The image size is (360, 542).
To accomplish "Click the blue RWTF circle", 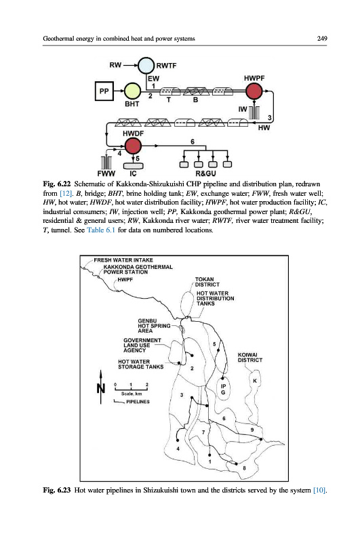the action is (146, 66).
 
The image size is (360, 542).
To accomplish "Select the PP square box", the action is (104, 91).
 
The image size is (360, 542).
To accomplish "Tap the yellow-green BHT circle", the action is (132, 91).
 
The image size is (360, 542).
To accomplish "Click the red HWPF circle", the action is (254, 91).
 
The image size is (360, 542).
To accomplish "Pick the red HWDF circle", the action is (133, 146).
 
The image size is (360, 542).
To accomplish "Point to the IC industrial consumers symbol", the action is (133, 166).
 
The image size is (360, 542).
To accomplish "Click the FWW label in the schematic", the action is (106, 173).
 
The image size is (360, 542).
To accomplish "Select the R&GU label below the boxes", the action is (206, 173).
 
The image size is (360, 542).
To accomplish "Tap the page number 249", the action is (322, 39).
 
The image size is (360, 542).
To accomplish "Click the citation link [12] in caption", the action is (66, 193).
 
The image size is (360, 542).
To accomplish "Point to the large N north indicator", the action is (100, 388).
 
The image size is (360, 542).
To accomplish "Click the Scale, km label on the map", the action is (132, 394).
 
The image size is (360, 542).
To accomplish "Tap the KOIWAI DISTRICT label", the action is (250, 358).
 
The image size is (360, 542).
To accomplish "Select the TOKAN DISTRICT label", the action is (207, 282).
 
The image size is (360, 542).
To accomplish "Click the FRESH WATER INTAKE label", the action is (123, 260).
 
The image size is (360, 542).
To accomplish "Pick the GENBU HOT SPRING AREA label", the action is (154, 326).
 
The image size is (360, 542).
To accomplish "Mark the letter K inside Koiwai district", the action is (255, 381).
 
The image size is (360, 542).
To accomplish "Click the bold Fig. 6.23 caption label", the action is (57, 490).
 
